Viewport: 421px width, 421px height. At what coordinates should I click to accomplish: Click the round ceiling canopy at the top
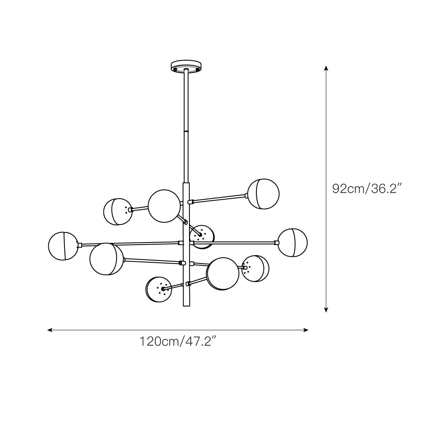[186, 67]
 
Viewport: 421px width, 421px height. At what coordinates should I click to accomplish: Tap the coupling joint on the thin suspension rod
[186, 131]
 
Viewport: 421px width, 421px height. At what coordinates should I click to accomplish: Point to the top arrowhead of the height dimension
[326, 67]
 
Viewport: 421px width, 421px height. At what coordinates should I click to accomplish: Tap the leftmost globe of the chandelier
[63, 246]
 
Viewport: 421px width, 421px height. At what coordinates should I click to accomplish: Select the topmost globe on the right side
[263, 194]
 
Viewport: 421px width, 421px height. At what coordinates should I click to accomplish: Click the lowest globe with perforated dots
[159, 289]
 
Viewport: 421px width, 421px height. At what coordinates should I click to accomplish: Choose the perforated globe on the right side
[255, 269]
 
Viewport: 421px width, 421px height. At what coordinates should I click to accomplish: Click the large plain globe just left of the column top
[164, 206]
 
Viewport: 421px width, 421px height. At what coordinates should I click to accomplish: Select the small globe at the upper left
[117, 211]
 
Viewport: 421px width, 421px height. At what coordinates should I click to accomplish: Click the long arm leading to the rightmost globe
[234, 242]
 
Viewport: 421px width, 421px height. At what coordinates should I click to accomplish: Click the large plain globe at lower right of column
[223, 274]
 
